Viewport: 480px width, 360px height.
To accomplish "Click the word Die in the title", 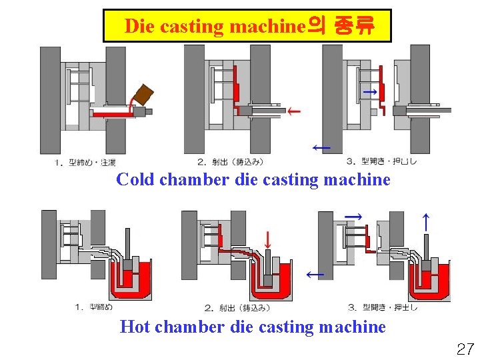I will [x=139, y=27].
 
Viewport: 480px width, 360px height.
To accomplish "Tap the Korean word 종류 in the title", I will [x=352, y=27].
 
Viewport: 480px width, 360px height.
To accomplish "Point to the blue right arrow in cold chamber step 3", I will [x=369, y=91].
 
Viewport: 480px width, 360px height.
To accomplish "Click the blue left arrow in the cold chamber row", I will [x=321, y=147].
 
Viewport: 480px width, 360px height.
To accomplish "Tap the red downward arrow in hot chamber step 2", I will [x=267, y=239].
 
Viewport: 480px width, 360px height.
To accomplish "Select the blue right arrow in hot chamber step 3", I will [x=354, y=217].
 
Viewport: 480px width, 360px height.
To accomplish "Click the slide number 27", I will [x=465, y=348].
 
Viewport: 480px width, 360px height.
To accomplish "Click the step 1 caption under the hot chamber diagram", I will [x=94, y=307].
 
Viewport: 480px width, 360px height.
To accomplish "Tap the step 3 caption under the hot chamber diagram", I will [x=383, y=307].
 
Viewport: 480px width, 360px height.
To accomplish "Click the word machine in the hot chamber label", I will [x=352, y=327].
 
